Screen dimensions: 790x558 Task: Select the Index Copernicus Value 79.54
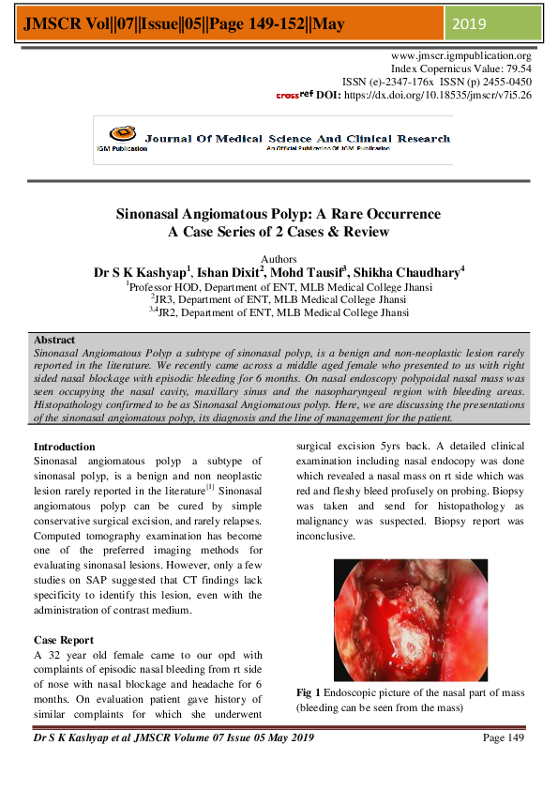(513, 69)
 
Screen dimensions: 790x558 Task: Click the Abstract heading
(54, 340)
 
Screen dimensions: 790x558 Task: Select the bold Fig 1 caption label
(308, 692)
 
